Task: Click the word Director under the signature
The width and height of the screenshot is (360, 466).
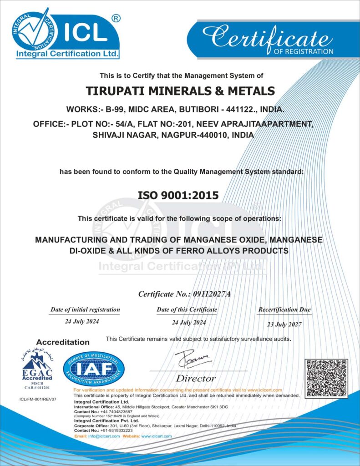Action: [x=196, y=378]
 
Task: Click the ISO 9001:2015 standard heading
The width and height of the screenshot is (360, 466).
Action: [x=178, y=195]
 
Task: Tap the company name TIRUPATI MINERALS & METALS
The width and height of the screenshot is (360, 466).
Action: [x=181, y=91]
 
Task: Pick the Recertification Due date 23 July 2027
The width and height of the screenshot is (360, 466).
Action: [x=284, y=324]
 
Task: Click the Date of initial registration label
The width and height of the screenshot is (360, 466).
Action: [x=85, y=310]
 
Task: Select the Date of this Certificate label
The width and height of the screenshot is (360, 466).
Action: [x=187, y=310]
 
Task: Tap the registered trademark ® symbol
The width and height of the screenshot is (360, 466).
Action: [x=116, y=19]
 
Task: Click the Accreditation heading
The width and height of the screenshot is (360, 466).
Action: [x=63, y=342]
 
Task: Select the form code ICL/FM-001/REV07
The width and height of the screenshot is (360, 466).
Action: [x=38, y=399]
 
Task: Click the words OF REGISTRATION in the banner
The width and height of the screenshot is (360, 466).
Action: [x=304, y=51]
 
